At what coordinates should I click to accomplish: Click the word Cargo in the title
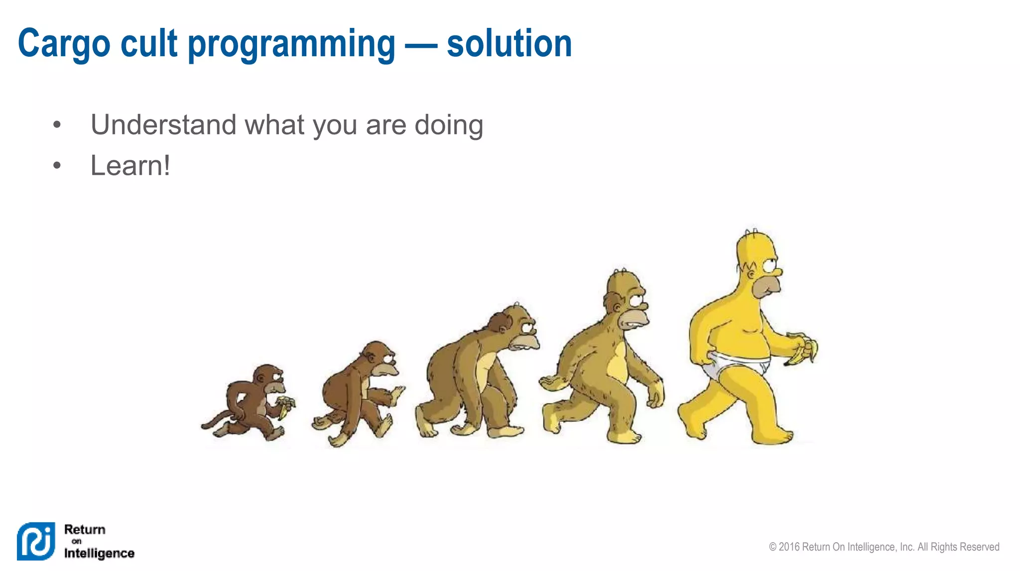pyautogui.click(x=64, y=44)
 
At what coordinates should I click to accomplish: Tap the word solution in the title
pyautogui.click(x=509, y=44)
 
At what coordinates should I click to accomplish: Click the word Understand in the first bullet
pyautogui.click(x=163, y=124)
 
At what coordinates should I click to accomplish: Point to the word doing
pyautogui.click(x=448, y=125)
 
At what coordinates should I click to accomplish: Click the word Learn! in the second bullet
pyautogui.click(x=130, y=166)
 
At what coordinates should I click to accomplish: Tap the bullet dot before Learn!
pyautogui.click(x=57, y=165)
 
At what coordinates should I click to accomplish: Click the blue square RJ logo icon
pyautogui.click(x=36, y=541)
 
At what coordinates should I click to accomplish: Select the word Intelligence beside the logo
pyautogui.click(x=99, y=553)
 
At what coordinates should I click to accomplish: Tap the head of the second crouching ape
pyautogui.click(x=381, y=358)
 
